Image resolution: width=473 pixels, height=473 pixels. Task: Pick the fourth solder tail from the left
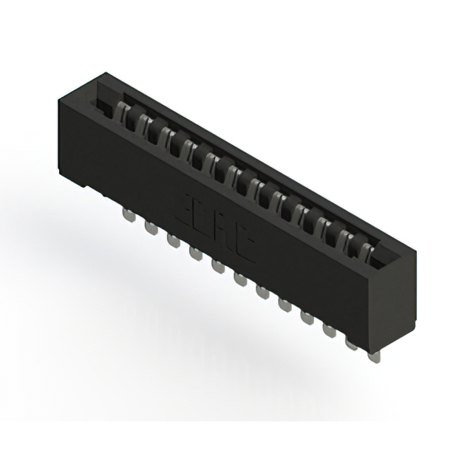(x=194, y=253)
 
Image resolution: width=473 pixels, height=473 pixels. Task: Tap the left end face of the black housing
(x=74, y=140)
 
